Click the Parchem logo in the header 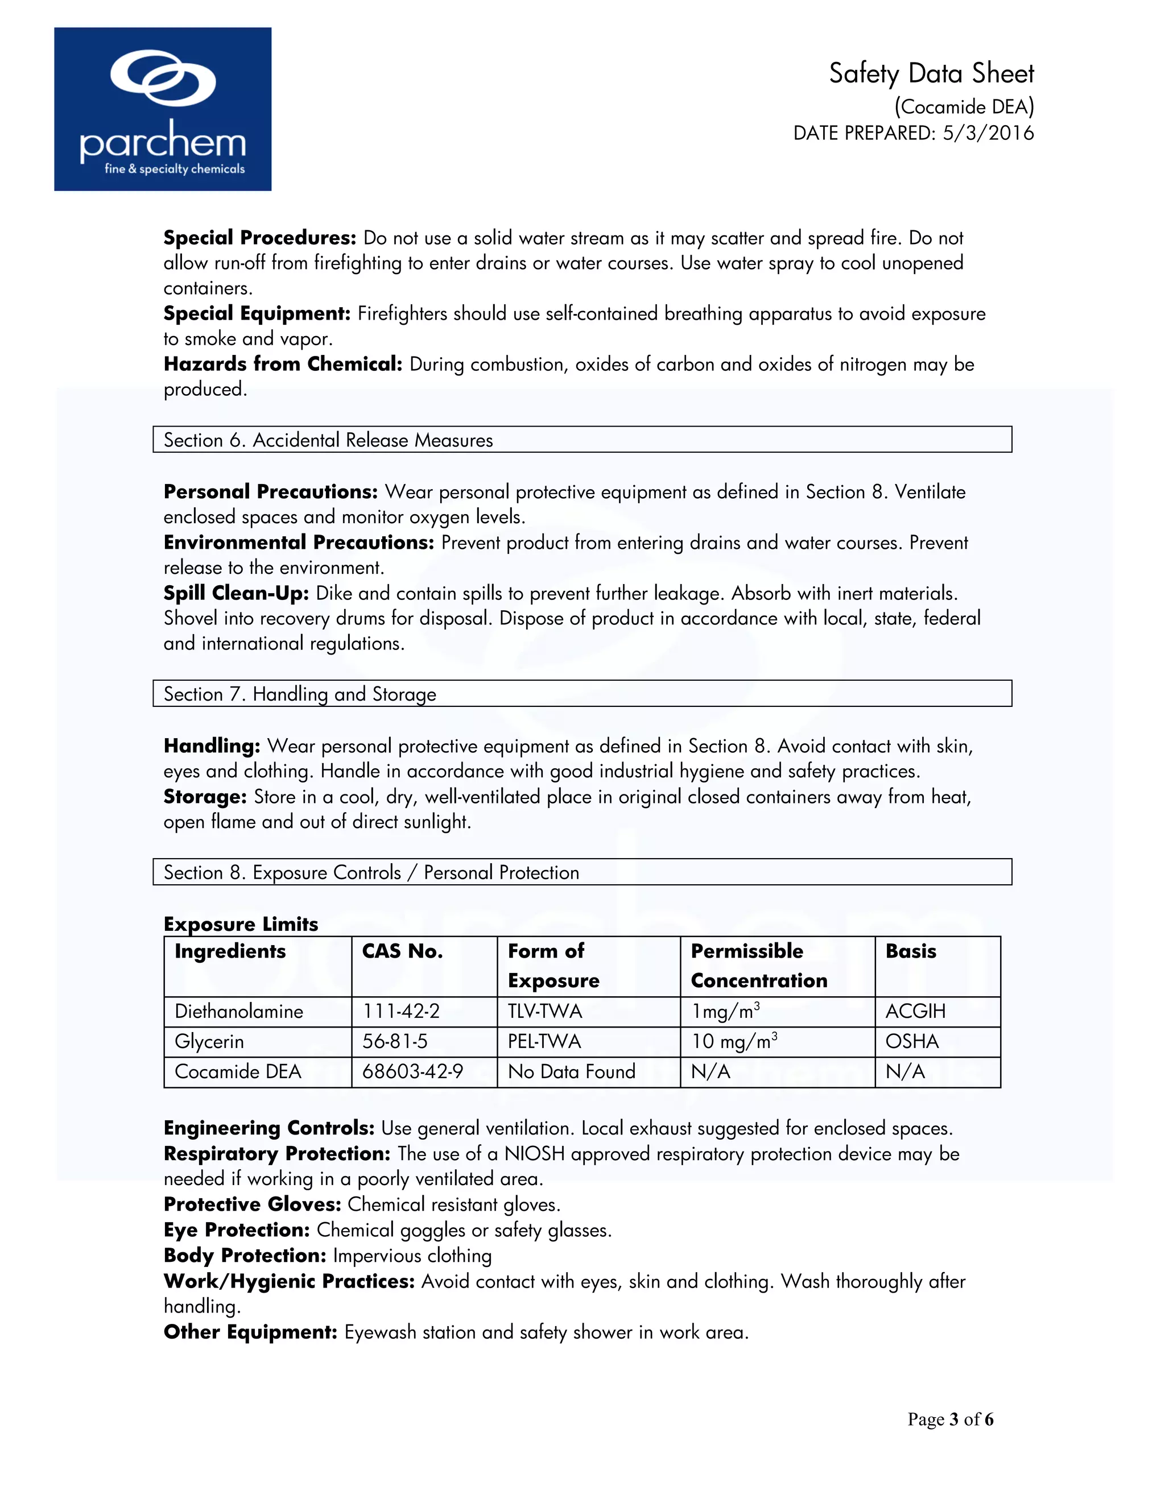coord(163,109)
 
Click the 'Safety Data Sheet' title coord(931,74)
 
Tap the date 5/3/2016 coord(988,133)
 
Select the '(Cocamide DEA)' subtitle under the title coord(964,106)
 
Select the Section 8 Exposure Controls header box coord(582,872)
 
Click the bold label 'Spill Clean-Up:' coord(236,593)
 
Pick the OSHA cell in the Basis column coord(912,1041)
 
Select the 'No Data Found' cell coord(572,1071)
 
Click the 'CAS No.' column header coord(402,951)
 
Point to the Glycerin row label coord(209,1041)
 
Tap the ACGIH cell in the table coord(915,1012)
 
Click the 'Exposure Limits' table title coord(241,924)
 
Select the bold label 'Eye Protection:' coord(236,1230)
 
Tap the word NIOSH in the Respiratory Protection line coord(534,1154)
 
